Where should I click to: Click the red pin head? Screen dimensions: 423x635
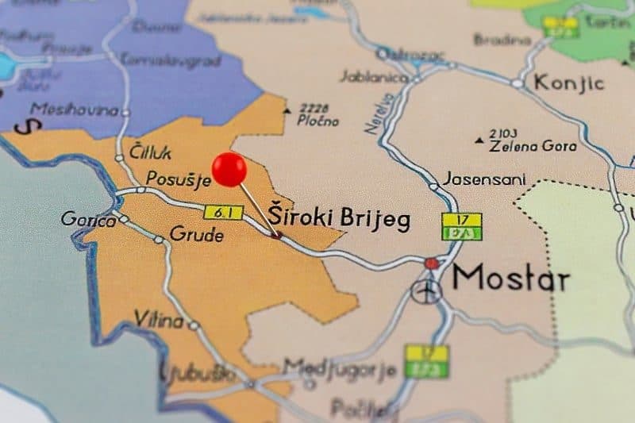(229, 169)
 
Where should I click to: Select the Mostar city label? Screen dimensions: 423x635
(510, 279)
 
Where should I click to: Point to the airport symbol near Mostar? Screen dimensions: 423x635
(426, 291)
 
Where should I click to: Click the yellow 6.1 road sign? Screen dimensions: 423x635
(223, 212)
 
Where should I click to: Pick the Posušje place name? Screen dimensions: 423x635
(178, 179)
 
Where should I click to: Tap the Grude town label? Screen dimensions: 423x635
(196, 235)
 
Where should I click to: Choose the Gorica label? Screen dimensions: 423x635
(88, 219)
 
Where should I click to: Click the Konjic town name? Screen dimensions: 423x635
(568, 82)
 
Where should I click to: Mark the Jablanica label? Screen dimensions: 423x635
(375, 77)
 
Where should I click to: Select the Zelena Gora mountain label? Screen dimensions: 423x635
(533, 146)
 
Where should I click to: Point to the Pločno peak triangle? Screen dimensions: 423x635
(287, 110)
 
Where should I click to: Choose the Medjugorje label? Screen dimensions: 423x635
(340, 368)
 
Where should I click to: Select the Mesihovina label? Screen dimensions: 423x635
(74, 110)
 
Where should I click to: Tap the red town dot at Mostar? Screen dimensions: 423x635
(431, 263)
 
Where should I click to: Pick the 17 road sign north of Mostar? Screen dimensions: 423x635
(462, 219)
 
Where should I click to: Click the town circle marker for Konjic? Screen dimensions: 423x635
(518, 83)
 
